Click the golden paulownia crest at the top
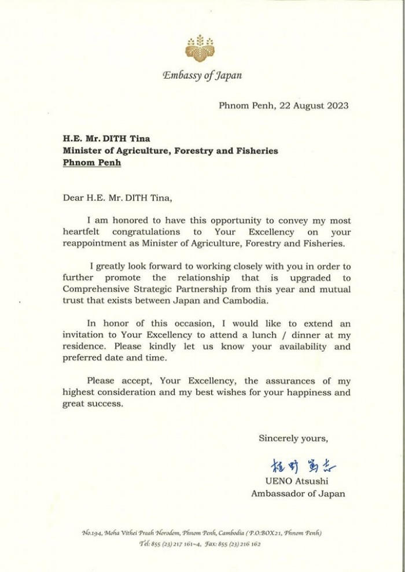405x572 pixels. pyautogui.click(x=200, y=47)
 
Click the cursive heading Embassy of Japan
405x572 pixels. pyautogui.click(x=202, y=75)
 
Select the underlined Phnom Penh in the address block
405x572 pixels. pyautogui.click(x=92, y=163)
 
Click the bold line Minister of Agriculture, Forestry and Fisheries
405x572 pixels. pyautogui.click(x=170, y=151)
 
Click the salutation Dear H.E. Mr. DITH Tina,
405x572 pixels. pyautogui.click(x=117, y=198)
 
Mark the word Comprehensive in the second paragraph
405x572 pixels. pyautogui.click(x=96, y=289)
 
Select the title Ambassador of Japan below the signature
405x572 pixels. pyautogui.click(x=298, y=493)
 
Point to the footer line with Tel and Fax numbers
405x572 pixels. pyautogui.click(x=202, y=544)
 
